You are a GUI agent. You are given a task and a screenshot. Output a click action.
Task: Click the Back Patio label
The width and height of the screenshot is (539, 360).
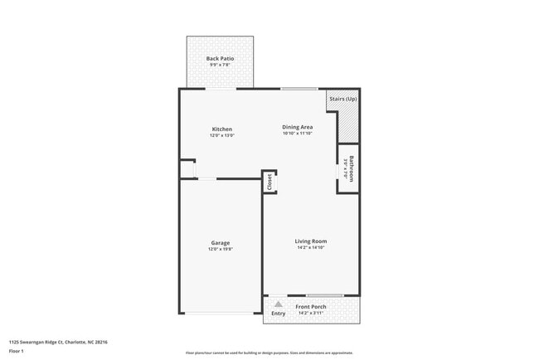coord(220,59)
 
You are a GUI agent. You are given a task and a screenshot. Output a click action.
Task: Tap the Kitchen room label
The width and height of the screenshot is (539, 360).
coord(221,129)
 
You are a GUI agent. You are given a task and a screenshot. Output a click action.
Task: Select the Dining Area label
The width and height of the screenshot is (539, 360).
coord(297,127)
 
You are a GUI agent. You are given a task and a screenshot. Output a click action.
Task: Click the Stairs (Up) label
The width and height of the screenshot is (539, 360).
coord(343,99)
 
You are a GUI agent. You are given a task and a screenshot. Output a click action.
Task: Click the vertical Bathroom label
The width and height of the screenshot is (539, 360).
coord(352,169)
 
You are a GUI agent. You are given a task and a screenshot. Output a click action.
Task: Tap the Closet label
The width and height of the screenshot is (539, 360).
coord(269,182)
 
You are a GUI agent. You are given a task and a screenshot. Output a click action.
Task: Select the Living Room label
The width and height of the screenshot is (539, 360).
coord(311,241)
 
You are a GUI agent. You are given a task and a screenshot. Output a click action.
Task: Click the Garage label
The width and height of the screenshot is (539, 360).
coord(220,243)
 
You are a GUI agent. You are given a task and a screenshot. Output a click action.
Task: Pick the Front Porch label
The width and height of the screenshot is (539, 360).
coord(311,307)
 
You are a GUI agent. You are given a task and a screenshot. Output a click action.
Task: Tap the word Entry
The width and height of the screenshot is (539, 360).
coord(279,314)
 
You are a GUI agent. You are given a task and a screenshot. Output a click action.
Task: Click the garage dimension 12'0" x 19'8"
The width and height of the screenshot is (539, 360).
coord(221,249)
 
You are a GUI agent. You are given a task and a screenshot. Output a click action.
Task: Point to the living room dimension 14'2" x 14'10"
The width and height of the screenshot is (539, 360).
coord(311,248)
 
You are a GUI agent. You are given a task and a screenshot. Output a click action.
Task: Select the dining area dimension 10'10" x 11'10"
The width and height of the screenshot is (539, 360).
coord(297,134)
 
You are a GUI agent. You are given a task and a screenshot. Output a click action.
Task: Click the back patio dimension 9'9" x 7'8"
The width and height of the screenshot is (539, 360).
coord(220,66)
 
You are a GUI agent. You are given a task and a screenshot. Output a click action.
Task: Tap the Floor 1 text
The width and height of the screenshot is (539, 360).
coord(17,350)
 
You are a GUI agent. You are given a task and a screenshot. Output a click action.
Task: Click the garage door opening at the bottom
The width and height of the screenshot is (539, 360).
coord(221,313)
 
